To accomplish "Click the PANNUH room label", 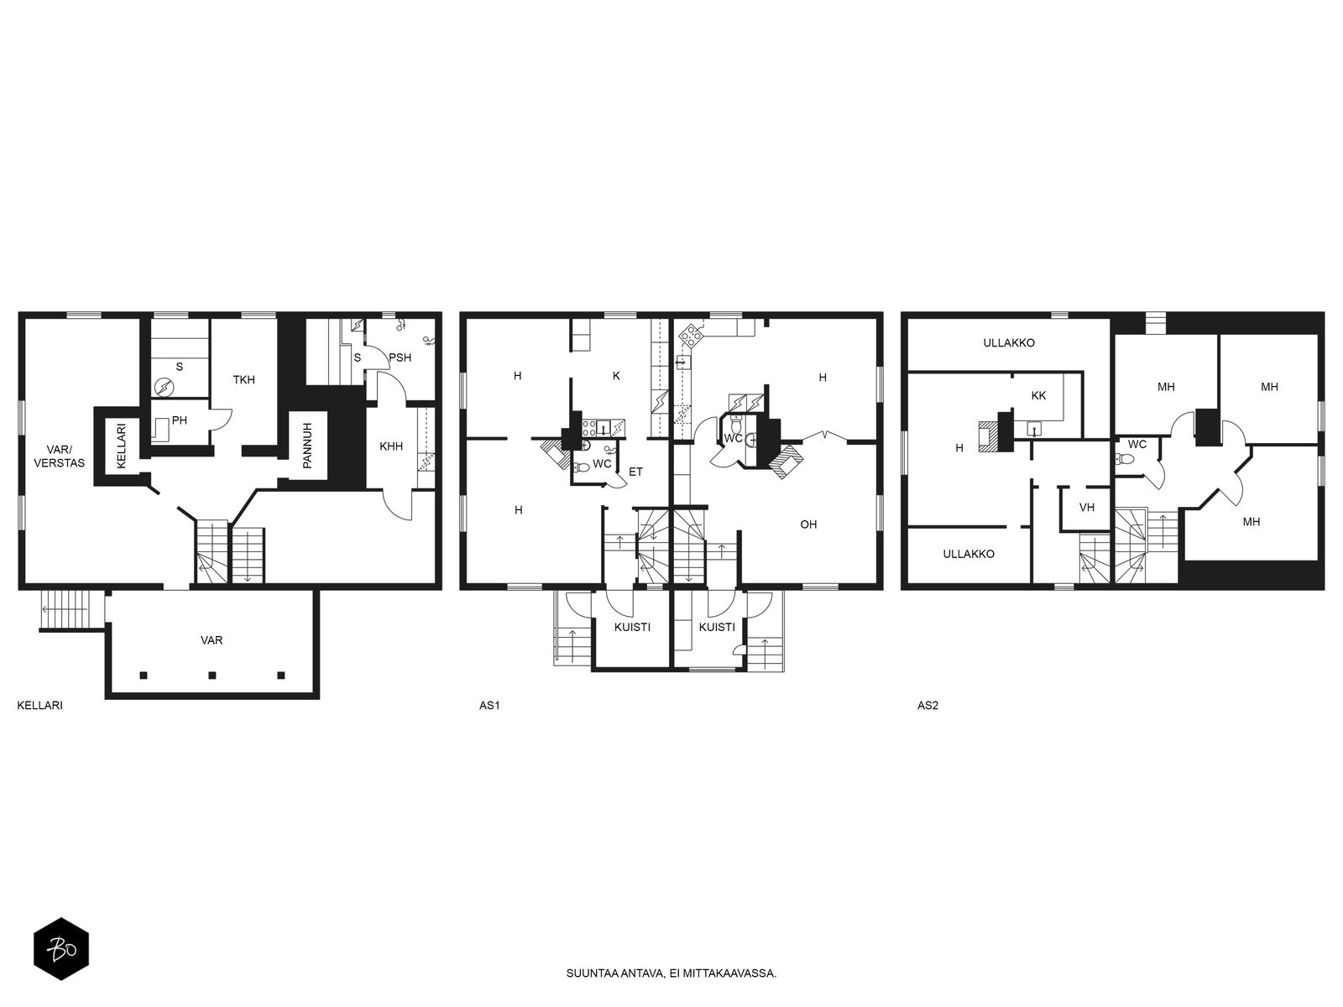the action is point(307,446).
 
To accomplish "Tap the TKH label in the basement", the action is point(243,379).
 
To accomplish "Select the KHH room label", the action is point(391,446).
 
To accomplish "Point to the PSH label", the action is point(400,357).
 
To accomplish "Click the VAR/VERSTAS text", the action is point(60,457).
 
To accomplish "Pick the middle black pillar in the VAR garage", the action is point(212,676).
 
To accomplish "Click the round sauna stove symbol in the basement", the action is point(164,388).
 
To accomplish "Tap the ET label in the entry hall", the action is point(635,472).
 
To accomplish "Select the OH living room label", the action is point(808,524).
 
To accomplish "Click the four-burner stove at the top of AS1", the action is point(691,335).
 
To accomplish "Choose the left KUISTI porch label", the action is point(632,628).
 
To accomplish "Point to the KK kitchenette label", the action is point(1038,395).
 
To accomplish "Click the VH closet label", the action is point(1087,508).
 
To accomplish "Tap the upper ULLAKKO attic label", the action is point(1009,343).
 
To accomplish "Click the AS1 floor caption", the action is point(489,706).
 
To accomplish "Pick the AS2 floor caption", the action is point(928,706).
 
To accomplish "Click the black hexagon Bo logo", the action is point(61,949).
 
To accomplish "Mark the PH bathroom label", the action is point(180,420).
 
